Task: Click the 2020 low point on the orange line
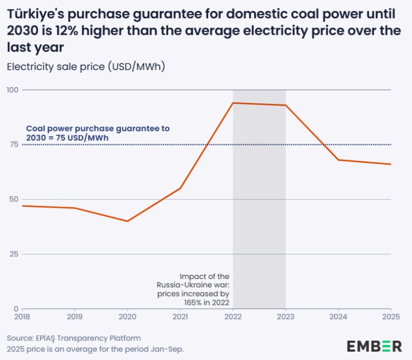coord(128,221)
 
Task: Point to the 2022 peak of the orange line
coord(233,103)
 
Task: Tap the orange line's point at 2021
coord(180,188)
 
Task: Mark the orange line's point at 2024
coord(338,159)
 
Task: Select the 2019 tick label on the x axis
coord(75,315)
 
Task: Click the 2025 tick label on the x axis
coord(391,315)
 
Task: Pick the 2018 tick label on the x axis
coord(22,315)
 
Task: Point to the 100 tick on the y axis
coord(12,90)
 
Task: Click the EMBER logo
coord(374,346)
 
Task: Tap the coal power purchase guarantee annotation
coord(98,132)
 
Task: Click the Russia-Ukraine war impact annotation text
coord(193,289)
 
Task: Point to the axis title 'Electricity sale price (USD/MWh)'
coord(86,67)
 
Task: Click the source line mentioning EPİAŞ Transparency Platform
coord(74,338)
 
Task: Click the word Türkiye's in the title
coord(36,14)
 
